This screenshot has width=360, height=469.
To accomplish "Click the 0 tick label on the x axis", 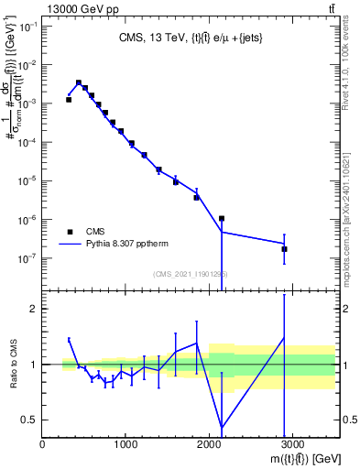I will click(43, 444).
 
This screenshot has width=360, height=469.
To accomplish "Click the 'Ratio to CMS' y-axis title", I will click(13, 365).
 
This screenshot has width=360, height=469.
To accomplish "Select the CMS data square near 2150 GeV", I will click(222, 219).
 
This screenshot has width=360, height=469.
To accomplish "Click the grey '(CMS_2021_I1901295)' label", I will click(190, 274).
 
